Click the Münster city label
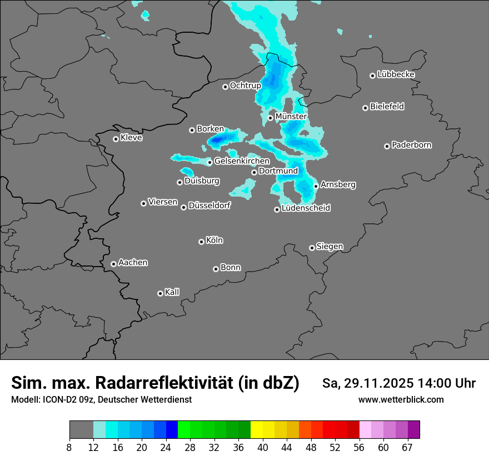(291, 117)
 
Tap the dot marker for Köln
(201, 242)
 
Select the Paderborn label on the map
(411, 146)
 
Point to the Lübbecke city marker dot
(372, 76)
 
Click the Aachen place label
(133, 263)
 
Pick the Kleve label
(131, 138)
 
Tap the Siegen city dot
(312, 248)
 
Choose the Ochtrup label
(245, 86)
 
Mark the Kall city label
(172, 292)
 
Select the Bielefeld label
(387, 107)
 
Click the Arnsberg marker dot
(316, 186)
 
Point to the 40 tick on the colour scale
(263, 447)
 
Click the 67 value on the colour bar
(407, 447)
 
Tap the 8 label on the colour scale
(69, 447)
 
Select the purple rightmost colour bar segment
(413, 430)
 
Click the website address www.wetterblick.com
(401, 400)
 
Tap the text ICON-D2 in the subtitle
(56, 400)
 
